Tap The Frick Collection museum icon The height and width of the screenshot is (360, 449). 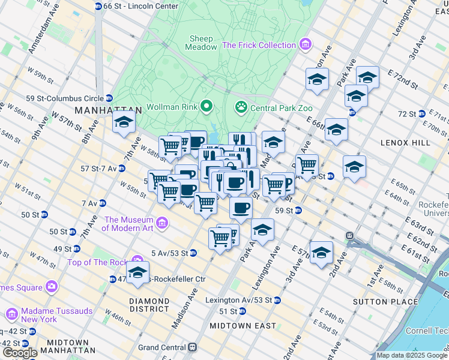(306, 45)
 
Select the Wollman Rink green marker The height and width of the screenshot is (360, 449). (207, 107)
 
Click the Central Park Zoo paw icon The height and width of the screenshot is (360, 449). (241, 107)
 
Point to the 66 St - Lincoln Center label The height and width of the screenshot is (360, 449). (140, 6)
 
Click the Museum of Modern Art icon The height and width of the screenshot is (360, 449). (161, 224)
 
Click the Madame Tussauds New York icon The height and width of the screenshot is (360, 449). (12, 314)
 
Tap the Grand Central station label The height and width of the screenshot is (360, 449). (162, 347)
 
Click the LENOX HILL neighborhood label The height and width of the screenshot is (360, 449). (405, 143)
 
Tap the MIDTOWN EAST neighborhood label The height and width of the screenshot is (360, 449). (238, 325)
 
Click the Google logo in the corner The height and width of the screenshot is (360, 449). (19, 353)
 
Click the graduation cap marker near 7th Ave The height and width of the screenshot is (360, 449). (124, 122)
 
